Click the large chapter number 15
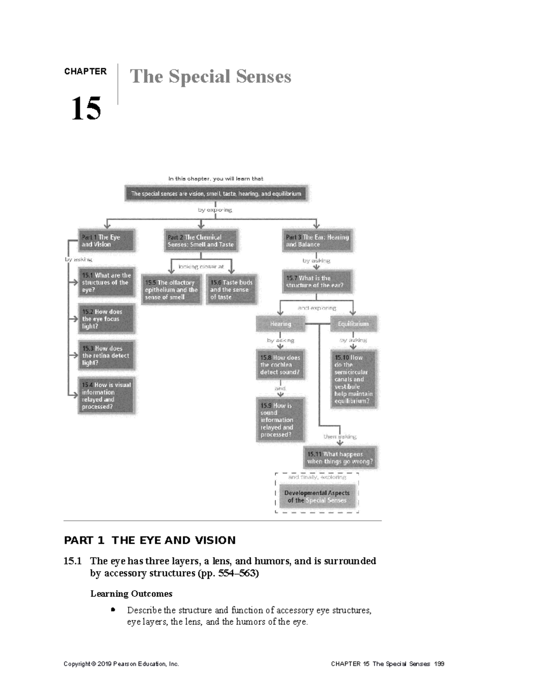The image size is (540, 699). [86, 108]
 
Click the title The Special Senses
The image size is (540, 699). [210, 77]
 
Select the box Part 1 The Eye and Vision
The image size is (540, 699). [106, 241]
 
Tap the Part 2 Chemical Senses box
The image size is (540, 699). [201, 241]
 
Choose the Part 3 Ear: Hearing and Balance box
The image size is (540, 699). [317, 241]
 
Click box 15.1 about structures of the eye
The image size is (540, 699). [106, 283]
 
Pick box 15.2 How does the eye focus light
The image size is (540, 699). [106, 319]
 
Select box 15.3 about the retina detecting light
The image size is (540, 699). [106, 355]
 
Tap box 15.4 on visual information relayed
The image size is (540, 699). [106, 396]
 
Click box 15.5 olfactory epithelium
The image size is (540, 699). [171, 290]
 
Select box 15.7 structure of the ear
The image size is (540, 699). [317, 282]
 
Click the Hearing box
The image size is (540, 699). [280, 324]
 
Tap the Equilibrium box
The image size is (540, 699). [353, 324]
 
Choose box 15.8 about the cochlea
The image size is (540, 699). [280, 365]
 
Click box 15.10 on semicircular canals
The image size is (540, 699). [353, 379]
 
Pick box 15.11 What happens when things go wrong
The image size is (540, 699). [340, 458]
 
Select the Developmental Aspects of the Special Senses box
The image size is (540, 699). [317, 496]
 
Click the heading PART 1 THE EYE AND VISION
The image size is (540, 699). [150, 540]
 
